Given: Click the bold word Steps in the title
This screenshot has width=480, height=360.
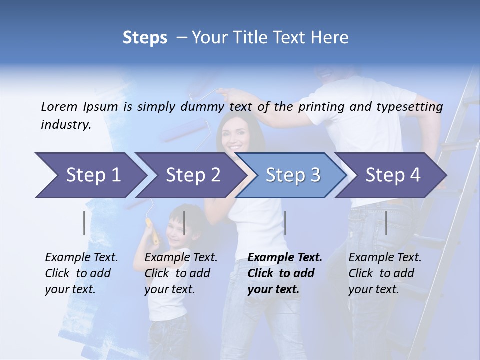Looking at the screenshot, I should click(x=145, y=38).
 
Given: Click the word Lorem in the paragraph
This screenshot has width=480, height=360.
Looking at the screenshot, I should click(x=59, y=106).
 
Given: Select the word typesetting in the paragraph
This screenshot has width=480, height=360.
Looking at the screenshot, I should click(x=413, y=106).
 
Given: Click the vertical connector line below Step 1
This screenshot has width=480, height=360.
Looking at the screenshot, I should click(x=84, y=223).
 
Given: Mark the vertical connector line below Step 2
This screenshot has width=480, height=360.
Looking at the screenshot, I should click(x=184, y=223).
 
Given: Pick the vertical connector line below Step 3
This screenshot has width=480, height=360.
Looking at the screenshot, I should click(x=285, y=223).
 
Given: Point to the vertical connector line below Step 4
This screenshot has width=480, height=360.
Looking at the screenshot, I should click(x=386, y=223).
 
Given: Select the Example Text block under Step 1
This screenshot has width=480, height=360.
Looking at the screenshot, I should click(x=81, y=273).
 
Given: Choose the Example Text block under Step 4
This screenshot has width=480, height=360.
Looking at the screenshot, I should click(x=385, y=273).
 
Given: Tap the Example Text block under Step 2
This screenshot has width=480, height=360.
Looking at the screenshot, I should click(x=181, y=273).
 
